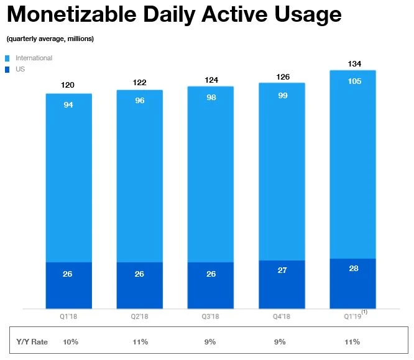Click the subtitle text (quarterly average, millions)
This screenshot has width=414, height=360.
click(x=50, y=39)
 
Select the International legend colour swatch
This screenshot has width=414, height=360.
click(x=7, y=58)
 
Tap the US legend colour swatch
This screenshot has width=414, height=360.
click(x=7, y=69)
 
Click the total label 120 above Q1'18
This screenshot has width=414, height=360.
click(x=69, y=85)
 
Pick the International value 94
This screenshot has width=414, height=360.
click(x=69, y=104)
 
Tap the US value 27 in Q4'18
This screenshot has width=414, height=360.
click(x=282, y=270)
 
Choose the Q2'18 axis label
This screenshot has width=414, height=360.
click(x=140, y=317)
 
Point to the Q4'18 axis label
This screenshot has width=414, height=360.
click(x=282, y=317)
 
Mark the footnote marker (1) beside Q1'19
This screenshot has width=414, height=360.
click(x=365, y=312)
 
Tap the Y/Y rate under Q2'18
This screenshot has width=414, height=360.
click(x=140, y=342)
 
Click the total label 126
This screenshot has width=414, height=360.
click(x=282, y=78)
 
